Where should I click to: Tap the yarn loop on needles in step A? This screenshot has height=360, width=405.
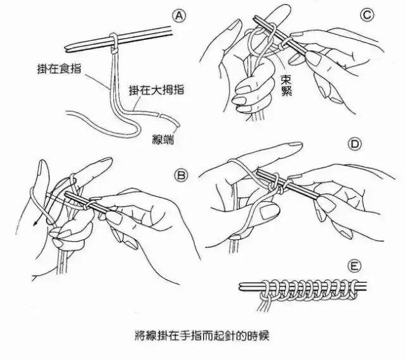point(113,40)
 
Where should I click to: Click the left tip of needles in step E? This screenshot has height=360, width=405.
point(241,287)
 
